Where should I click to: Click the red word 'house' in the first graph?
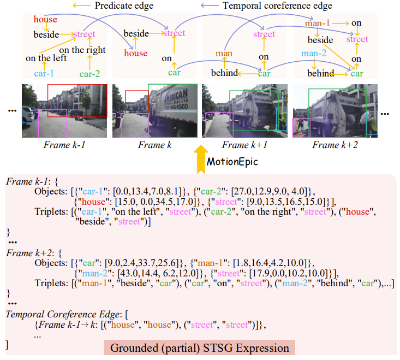tap(45, 20)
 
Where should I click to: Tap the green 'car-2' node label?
tap(91, 73)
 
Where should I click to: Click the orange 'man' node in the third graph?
tap(224, 54)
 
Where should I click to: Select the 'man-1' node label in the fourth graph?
tap(319, 23)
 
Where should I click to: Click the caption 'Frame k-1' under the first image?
tap(65, 145)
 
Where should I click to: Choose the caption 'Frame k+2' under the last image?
tap(333, 145)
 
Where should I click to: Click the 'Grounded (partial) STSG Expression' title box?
tap(200, 348)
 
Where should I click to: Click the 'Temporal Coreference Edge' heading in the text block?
tap(62, 314)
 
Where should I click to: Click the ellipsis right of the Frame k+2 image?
tap(385, 114)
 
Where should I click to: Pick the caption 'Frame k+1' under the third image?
tap(243, 145)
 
